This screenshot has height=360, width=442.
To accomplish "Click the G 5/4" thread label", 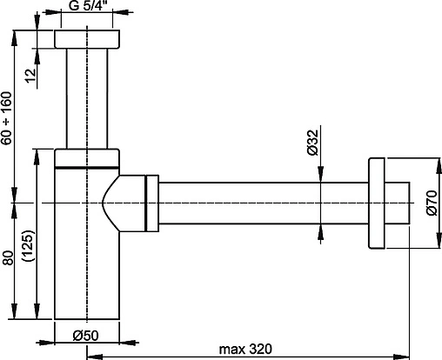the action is (x=86, y=6).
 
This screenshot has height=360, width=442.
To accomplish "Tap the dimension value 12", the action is (x=30, y=76).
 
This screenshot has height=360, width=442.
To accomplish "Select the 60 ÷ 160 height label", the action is (x=6, y=118).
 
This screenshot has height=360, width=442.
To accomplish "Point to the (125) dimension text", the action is (x=29, y=246).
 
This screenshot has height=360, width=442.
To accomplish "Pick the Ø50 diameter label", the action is (x=86, y=336).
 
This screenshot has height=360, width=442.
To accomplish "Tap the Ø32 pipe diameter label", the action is (x=313, y=143).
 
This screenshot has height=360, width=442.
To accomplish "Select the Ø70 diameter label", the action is (x=432, y=203).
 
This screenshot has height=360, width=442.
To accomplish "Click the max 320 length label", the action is (x=245, y=349).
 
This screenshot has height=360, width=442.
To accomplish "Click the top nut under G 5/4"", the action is (x=87, y=39).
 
